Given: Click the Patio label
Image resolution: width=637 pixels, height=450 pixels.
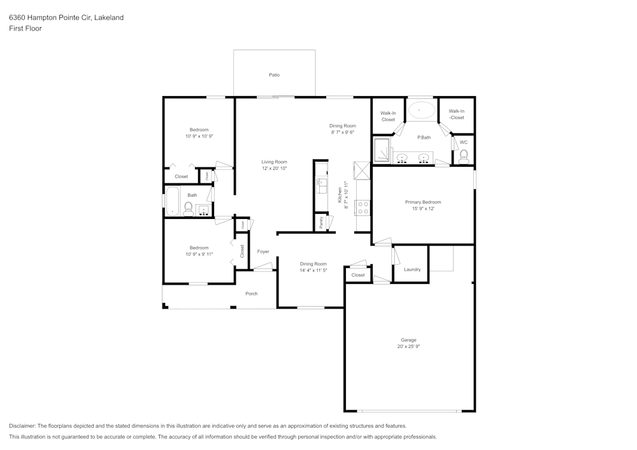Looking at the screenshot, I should point(274,75).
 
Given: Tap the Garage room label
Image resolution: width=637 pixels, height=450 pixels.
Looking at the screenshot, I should point(408,340).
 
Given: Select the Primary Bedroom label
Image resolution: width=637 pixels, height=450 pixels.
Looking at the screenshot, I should point(423,202).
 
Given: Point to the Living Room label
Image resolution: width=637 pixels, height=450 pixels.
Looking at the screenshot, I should point(274,162).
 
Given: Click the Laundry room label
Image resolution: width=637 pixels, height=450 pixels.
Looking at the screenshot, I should point(412,269).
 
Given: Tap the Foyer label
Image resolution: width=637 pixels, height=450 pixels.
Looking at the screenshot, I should point(263,251).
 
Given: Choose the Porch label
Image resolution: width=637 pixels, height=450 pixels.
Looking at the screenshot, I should point(252,293).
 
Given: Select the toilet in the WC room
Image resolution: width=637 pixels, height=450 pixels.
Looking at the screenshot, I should point(464,155).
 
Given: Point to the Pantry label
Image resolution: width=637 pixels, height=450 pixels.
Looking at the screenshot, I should point(322,222).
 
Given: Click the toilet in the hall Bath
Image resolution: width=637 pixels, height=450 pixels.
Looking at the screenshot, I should point(188,209).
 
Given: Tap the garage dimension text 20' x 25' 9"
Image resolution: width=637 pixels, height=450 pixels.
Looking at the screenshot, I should point(408,346).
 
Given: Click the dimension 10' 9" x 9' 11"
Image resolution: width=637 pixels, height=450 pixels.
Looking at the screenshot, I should point(199,254).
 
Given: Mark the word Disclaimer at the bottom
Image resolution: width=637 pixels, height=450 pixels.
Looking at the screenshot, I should point(22,426).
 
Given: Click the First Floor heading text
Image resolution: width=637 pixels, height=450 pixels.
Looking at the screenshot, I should point(25,29).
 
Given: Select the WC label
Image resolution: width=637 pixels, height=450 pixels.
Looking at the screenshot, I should point(463,141).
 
